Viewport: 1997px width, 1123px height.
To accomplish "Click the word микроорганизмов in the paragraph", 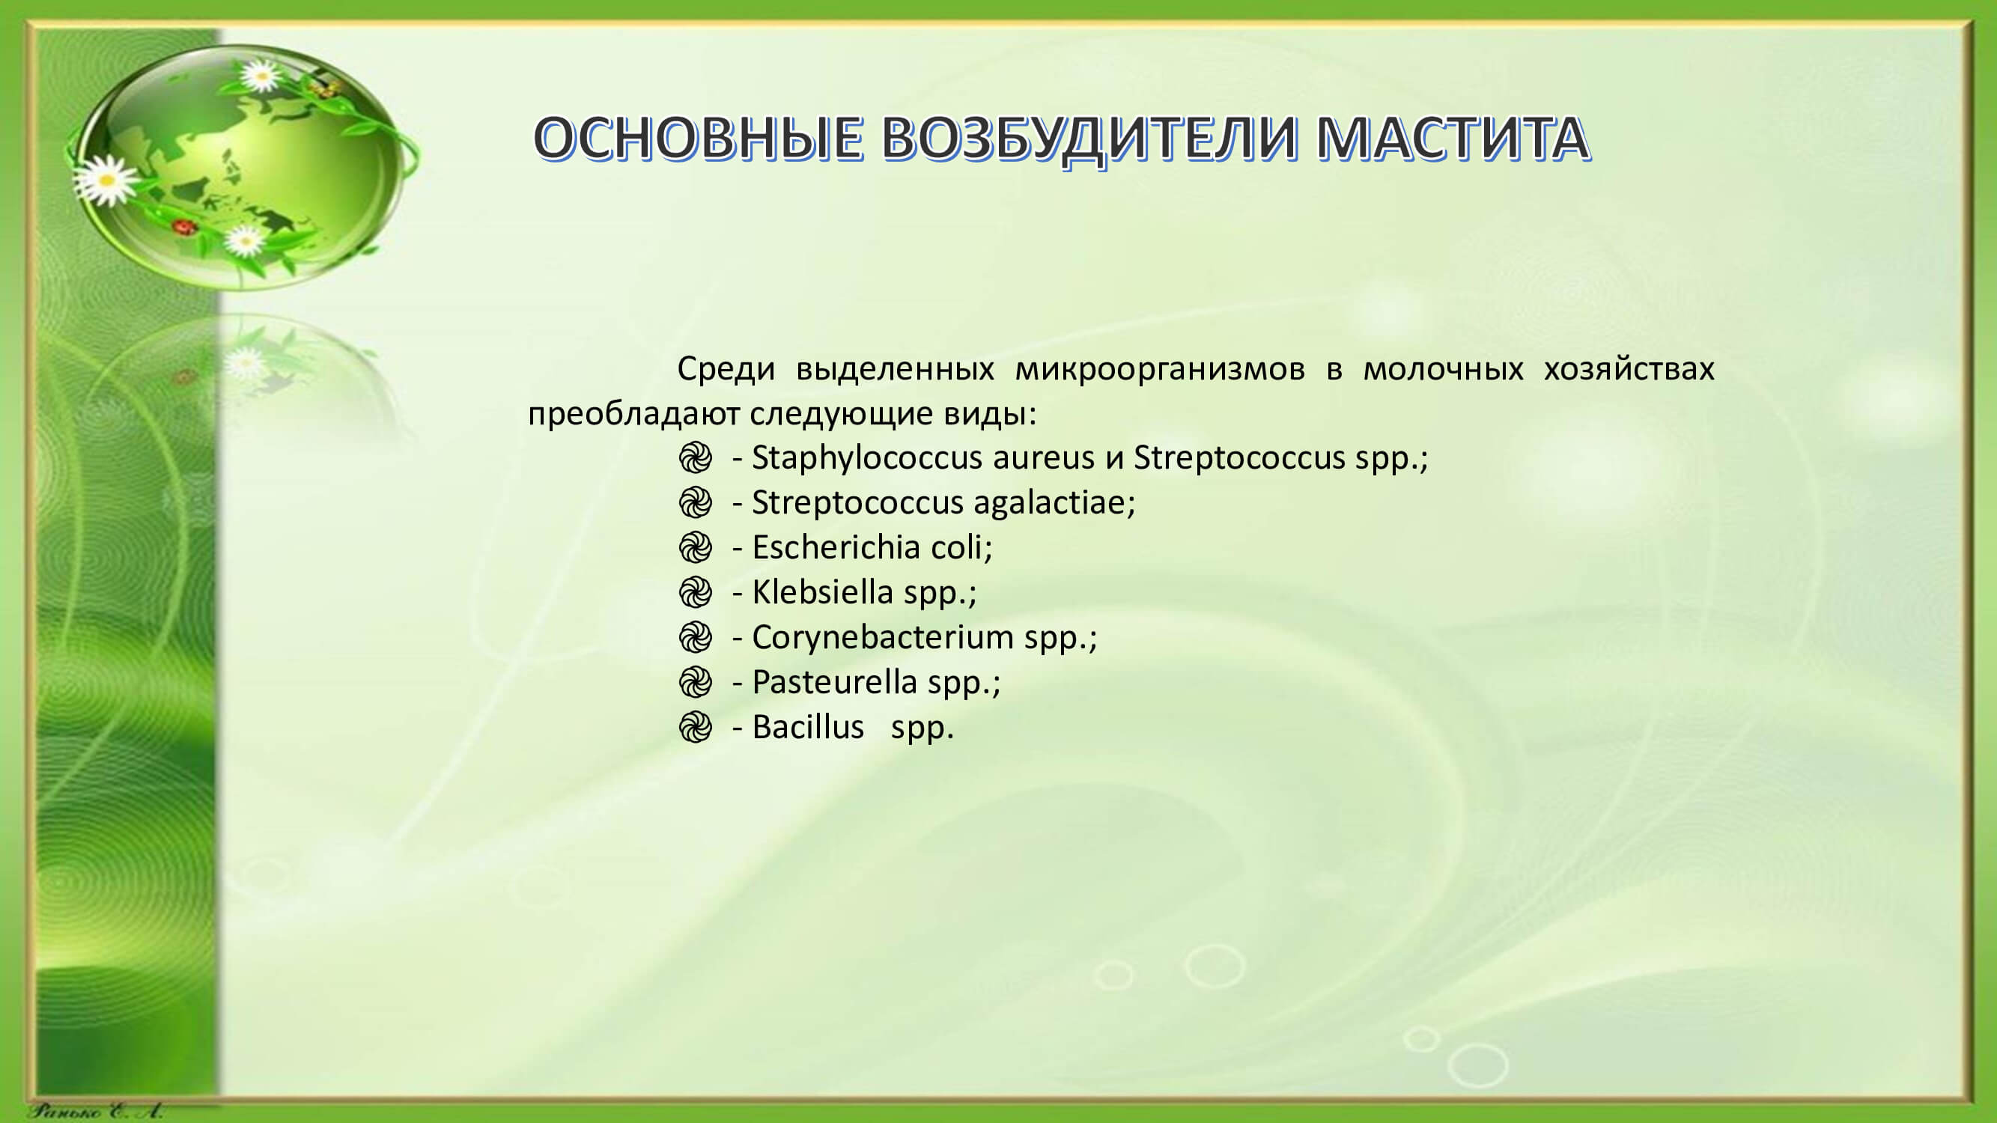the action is coord(1160,370).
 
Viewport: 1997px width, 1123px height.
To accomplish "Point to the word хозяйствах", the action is coord(1629,369).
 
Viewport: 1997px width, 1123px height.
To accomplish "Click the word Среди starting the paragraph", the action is coord(726,370).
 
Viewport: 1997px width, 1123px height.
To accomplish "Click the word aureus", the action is coord(1044,459).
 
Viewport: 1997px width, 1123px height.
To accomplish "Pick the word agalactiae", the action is coord(1054,503).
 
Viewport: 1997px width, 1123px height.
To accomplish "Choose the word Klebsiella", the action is coord(822,592).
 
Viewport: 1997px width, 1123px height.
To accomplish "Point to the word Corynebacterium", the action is coord(882,638).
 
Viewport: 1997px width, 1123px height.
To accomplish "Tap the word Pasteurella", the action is coord(834,682).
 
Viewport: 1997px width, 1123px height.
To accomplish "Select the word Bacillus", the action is coord(807,727).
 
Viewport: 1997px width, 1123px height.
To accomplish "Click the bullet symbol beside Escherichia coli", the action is coord(695,548).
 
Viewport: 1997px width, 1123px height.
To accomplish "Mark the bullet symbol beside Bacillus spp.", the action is coord(695,728).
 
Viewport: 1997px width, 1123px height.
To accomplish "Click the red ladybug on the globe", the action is coord(183,227).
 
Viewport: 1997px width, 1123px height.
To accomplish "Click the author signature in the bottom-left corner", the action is coord(95,1111).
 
